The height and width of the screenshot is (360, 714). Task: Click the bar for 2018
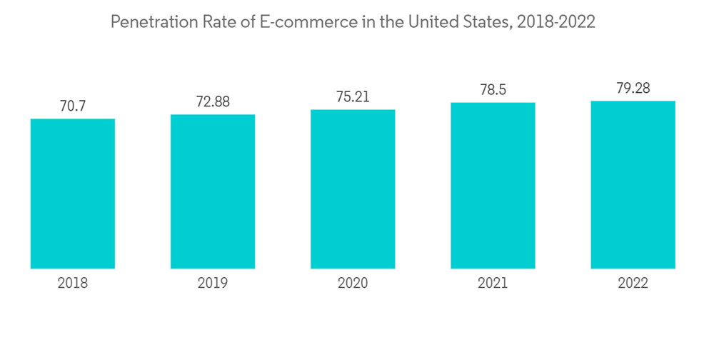73,194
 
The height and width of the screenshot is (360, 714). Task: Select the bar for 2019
213,191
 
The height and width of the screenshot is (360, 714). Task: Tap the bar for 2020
353,189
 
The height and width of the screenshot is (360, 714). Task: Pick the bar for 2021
493,186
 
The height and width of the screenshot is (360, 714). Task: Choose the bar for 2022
633,185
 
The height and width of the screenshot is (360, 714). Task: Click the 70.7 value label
73,106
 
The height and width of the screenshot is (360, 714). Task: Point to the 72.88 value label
213,101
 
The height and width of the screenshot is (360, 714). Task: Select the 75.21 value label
353,97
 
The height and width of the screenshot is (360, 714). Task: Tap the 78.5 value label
493,90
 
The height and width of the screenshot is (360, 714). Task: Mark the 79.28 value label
633,89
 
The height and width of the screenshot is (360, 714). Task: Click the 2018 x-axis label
73,284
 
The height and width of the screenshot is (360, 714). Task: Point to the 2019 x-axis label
213,284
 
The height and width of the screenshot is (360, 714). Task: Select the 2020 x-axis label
353,284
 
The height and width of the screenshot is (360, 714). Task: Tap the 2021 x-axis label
493,284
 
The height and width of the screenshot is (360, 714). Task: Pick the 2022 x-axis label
633,284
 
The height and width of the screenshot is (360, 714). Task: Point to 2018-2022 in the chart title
557,22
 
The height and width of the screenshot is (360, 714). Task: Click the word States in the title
486,22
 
